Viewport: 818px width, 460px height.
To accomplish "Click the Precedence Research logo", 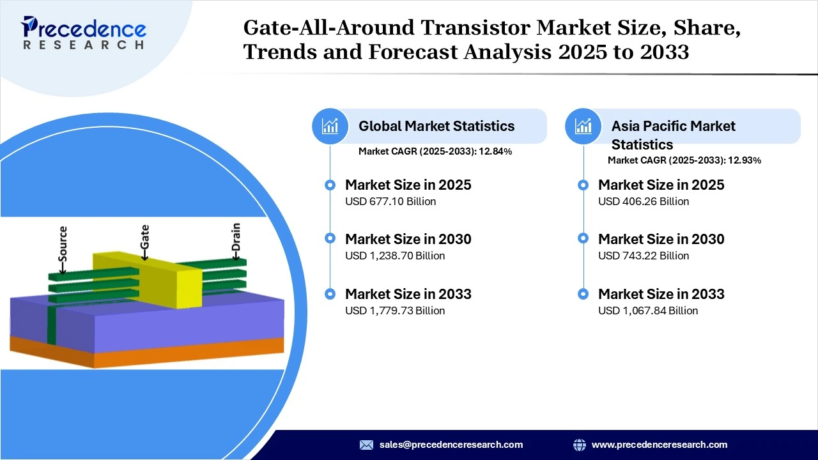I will pos(84,32).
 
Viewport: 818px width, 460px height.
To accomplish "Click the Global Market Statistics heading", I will pos(436,126).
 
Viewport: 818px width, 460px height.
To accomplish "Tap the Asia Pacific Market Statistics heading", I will pos(673,134).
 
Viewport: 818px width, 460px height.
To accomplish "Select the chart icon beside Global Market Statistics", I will pos(330,126).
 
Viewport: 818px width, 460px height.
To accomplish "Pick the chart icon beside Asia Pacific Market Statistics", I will pos(583,126).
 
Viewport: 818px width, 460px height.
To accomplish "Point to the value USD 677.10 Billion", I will pos(390,201).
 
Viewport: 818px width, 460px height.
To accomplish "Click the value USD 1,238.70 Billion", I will pos(395,256).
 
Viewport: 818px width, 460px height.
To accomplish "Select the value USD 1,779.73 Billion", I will pos(395,310).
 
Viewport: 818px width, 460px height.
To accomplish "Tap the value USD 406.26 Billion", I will pos(644,201).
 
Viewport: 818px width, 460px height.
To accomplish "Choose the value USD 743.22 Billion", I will pos(644,256).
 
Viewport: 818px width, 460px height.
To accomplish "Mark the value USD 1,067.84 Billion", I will pos(648,310).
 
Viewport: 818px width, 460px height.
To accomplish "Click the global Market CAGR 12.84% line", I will pos(435,151).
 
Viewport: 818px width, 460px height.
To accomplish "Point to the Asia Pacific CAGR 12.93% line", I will pos(684,160).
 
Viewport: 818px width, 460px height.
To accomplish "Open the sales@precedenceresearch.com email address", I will pos(451,445).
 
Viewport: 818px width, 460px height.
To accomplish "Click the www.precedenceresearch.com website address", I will pos(660,445).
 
